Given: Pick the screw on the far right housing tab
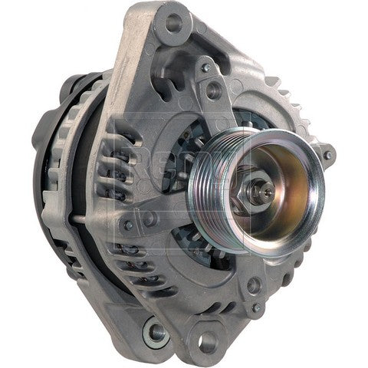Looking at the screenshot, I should click(328, 155).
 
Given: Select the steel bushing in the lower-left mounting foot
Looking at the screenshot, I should click(156, 331).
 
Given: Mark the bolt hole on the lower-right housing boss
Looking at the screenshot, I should click(254, 285).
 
